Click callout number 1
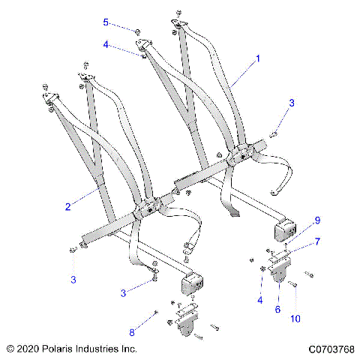(x=258, y=58)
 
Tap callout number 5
(x=106, y=22)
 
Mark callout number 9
(x=318, y=220)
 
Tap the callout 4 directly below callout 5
(x=107, y=45)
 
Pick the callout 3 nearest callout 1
(x=292, y=102)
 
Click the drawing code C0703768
(x=331, y=349)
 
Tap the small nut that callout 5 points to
(x=138, y=30)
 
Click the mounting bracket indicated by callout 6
(x=279, y=274)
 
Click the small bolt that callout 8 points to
(x=155, y=312)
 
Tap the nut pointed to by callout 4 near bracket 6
(x=263, y=268)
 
